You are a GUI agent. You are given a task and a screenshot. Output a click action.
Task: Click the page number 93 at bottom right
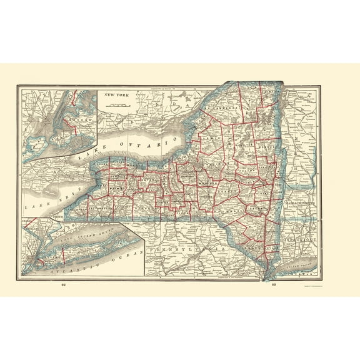click(273, 285)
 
